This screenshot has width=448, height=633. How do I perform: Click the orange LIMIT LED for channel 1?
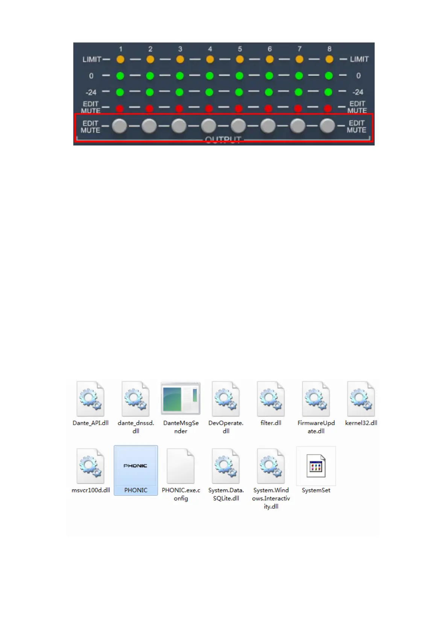tap(120, 59)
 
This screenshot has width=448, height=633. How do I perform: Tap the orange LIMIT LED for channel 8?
tap(329, 59)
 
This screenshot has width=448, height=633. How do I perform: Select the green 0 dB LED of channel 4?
tap(210, 76)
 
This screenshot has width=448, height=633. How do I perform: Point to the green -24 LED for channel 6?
tap(269, 92)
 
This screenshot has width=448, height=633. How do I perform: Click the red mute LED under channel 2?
tap(150, 109)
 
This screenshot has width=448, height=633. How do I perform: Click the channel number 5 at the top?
tap(240, 49)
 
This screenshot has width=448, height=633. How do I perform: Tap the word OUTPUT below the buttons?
tap(223, 140)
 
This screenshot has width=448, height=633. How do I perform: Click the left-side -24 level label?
tap(91, 92)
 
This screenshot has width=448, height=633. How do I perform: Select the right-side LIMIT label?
tap(359, 59)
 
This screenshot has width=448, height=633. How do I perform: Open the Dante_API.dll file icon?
tap(90, 399)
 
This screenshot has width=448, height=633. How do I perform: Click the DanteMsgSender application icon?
tap(181, 398)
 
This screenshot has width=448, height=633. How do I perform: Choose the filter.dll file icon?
tap(271, 399)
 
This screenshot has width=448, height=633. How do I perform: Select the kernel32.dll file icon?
tap(361, 399)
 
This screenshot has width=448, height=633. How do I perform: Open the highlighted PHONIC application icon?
tap(136, 466)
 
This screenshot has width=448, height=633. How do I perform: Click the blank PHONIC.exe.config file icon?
tap(181, 466)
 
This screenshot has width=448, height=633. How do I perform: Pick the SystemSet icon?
tap(316, 466)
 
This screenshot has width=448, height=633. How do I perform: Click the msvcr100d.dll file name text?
tap(91, 490)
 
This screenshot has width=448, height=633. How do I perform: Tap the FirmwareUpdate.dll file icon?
tap(316, 399)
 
